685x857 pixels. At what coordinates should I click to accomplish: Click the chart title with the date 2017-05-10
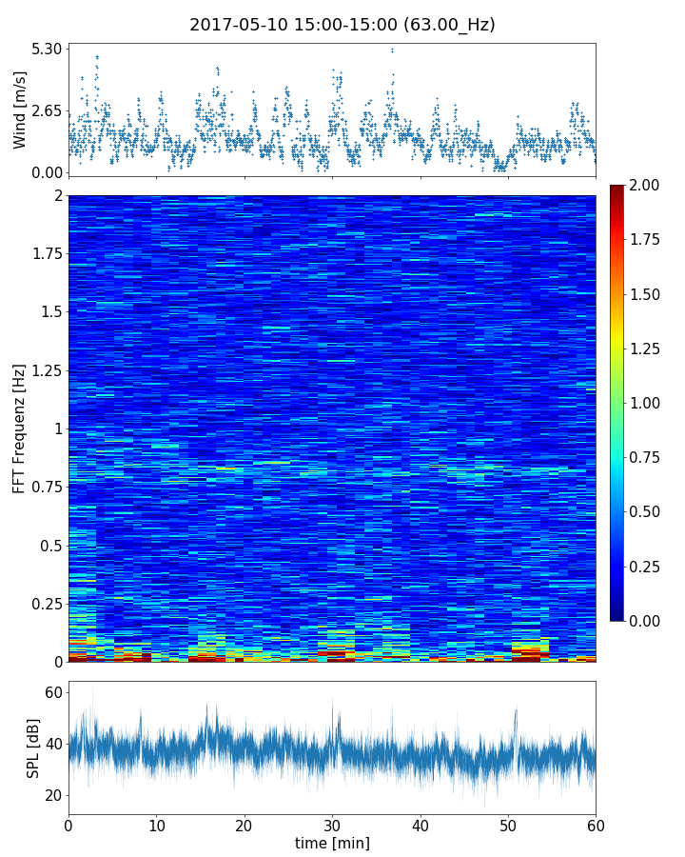(x=342, y=25)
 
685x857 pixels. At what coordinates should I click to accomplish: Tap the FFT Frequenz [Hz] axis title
(x=19, y=428)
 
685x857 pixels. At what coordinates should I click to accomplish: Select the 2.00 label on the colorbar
(x=647, y=185)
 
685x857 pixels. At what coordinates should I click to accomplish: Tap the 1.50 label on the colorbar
(x=647, y=294)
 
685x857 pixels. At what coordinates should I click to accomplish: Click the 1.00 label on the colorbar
(x=647, y=403)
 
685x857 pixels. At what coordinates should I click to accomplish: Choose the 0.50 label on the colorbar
(x=647, y=512)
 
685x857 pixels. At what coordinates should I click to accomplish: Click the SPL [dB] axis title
(x=34, y=747)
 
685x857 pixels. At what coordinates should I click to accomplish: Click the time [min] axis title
(x=332, y=843)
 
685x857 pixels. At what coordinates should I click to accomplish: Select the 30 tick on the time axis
(x=332, y=825)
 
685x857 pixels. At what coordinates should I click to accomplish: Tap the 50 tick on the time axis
(x=508, y=825)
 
